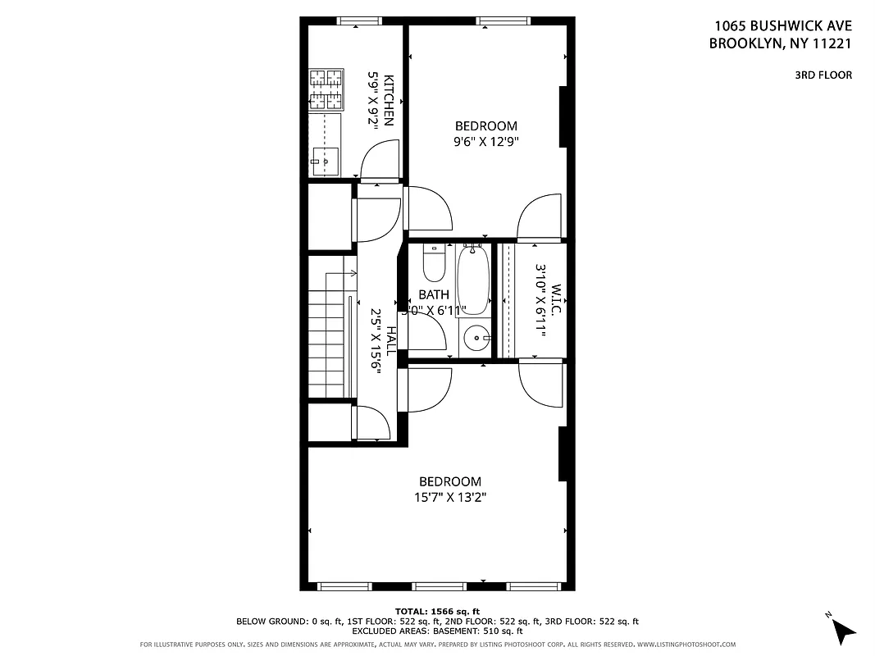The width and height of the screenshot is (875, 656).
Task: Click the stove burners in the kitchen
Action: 326,89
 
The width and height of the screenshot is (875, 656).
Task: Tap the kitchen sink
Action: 326,161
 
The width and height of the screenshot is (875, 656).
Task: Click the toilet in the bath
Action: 433,263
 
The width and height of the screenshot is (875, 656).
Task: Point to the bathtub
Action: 473,278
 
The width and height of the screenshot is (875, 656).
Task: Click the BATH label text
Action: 433,294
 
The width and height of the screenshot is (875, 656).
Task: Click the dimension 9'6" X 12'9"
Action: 486,141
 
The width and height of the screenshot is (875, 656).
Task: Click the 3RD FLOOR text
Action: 823,75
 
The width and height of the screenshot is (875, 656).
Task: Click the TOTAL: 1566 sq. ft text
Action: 437,611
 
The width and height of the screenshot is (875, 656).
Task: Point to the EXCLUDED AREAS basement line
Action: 437,631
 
